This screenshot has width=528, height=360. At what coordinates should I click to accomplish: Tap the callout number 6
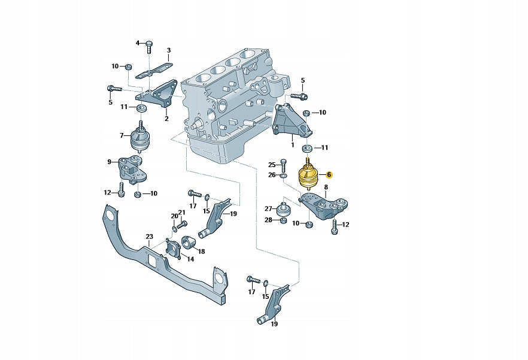[x=329, y=175]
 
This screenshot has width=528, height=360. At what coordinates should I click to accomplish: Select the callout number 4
[x=137, y=43]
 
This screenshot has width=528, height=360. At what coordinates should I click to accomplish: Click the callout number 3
[x=168, y=50]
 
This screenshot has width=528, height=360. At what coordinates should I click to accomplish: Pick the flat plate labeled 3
[x=153, y=71]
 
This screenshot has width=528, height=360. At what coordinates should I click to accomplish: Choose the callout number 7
[x=122, y=135]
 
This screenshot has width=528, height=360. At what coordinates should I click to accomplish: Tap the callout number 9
[x=110, y=162]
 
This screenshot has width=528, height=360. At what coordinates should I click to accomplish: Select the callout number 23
[x=150, y=237]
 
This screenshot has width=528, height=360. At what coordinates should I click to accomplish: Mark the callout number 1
[x=292, y=144]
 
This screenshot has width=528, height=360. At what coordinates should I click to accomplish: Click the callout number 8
[x=326, y=187]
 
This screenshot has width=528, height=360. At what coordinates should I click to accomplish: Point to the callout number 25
[x=271, y=165]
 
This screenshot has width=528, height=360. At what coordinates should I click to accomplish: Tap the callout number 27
[x=268, y=208]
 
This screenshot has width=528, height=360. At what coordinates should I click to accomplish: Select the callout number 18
[x=201, y=252]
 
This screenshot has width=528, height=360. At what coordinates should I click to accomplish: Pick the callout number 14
[x=190, y=259]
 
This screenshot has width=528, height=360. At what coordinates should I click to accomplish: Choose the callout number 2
[x=166, y=119]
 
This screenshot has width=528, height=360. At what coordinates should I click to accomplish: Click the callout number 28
[x=268, y=220]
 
